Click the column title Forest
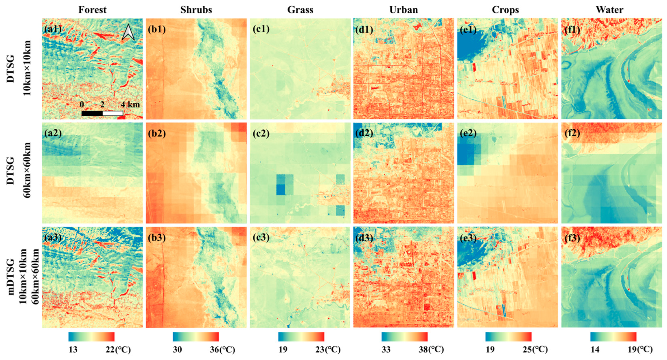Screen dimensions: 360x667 tap(92, 10)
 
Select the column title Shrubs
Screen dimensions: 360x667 tap(196, 10)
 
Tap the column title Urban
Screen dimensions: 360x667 tap(403, 10)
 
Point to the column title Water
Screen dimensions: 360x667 tap(609, 10)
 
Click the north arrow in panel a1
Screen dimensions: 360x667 tap(128, 32)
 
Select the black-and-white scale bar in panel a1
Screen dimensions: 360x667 tap(102, 113)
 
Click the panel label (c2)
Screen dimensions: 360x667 tap(261, 133)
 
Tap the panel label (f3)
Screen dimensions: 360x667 tap(572, 238)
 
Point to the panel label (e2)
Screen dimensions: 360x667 tap(468, 133)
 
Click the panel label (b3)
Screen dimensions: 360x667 tap(157, 238)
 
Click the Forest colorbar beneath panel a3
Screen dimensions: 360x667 tap(91, 337)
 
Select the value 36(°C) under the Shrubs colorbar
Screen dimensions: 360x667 tap(222, 350)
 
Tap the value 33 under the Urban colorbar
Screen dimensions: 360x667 tap(386, 350)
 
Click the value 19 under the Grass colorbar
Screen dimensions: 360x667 tap(283, 350)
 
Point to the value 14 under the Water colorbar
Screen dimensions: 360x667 tap(595, 350)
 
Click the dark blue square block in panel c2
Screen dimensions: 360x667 tap(281, 190)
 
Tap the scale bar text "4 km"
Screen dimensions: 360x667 tap(130, 104)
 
